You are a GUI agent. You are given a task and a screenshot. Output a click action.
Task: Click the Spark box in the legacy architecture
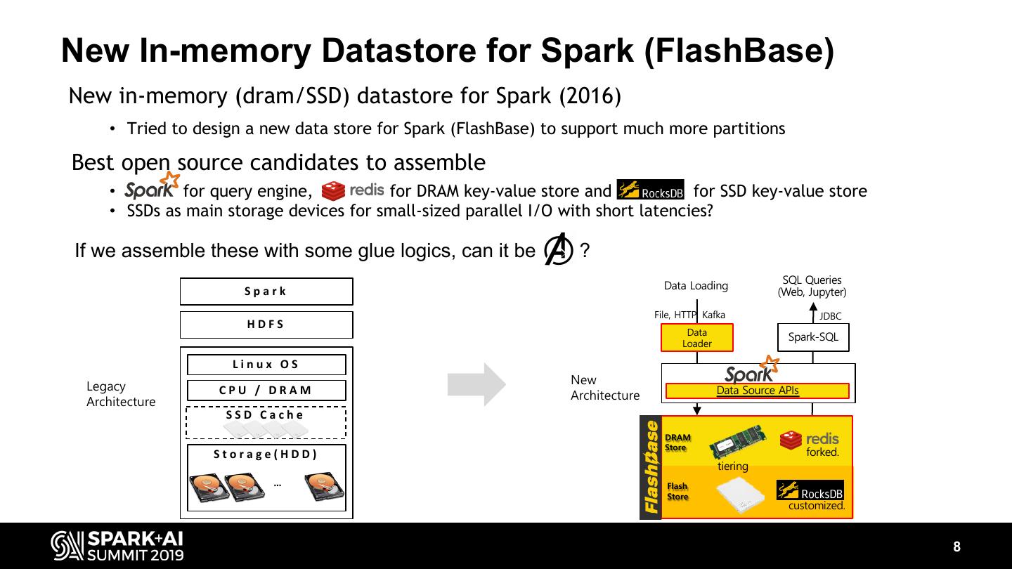click(x=266, y=292)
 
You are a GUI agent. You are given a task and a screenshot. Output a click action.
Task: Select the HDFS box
click(x=266, y=325)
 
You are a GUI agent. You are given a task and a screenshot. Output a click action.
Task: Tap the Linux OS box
click(x=266, y=365)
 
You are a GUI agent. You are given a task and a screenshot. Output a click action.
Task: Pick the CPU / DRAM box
click(x=266, y=391)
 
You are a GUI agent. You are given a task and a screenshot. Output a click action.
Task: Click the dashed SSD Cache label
click(x=266, y=414)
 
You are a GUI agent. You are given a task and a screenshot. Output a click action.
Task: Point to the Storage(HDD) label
click(x=266, y=454)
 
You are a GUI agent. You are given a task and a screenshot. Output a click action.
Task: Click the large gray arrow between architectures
click(x=476, y=384)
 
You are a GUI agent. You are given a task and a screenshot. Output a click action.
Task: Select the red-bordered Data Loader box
click(x=696, y=338)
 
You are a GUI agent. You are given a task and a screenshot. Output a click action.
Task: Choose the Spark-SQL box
click(x=813, y=337)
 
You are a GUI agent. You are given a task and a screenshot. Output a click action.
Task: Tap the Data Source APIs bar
click(x=757, y=391)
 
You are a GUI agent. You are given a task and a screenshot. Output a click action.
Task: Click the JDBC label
click(x=830, y=316)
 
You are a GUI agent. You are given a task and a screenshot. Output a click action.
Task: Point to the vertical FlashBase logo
click(x=651, y=467)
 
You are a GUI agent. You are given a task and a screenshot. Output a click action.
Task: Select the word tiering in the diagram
click(x=732, y=466)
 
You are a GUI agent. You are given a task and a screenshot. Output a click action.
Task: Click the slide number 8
click(x=956, y=547)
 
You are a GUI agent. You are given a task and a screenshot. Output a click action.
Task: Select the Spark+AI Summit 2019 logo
click(x=117, y=546)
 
